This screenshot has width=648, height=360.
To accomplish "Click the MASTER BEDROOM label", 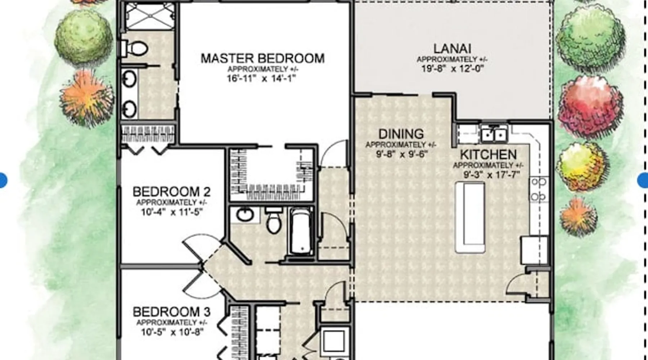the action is (x=262, y=58).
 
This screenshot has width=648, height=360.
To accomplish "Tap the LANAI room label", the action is (x=452, y=49).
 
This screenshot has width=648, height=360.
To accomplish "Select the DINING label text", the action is (x=401, y=134).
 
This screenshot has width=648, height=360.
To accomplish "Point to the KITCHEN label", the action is (x=488, y=154).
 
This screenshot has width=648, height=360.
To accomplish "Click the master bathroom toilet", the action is (x=135, y=48).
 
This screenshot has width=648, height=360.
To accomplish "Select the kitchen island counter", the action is (x=470, y=217).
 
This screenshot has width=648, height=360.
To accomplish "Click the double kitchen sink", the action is (x=494, y=134).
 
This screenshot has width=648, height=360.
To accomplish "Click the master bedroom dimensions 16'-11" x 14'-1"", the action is (x=261, y=78).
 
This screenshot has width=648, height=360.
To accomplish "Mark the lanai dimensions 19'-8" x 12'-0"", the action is (x=453, y=68).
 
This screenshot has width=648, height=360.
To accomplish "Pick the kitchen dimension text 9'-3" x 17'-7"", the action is (x=488, y=175).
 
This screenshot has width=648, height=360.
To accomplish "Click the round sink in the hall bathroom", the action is (x=245, y=215).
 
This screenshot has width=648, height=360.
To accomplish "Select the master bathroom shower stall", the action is (x=150, y=16).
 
